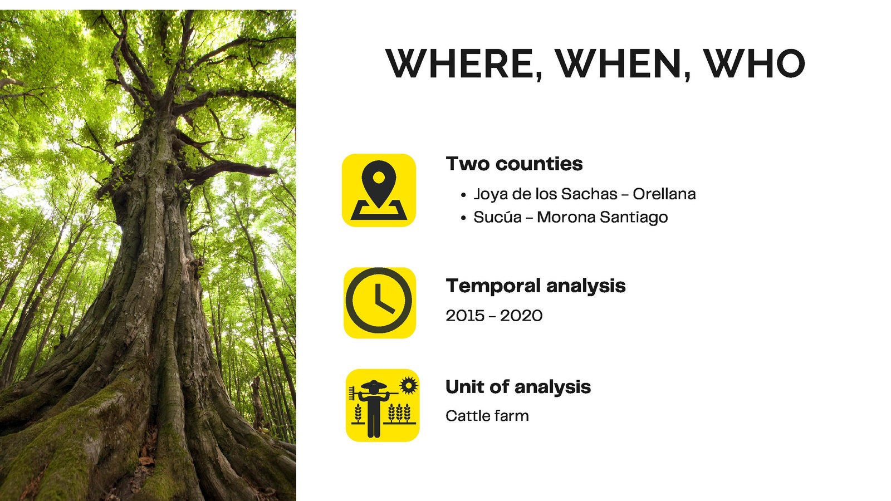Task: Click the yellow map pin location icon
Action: coord(379,190)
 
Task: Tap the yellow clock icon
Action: coord(379,303)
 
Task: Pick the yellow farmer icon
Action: coord(382,405)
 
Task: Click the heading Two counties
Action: coord(515,164)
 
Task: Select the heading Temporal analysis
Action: coord(535,286)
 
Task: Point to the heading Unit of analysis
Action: coord(518,387)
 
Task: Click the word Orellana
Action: coord(664,194)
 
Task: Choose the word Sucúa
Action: coord(497,217)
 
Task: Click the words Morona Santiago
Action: coord(602,218)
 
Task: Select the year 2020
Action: coord(521,316)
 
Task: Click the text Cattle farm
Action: coord(487,416)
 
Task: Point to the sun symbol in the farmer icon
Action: coord(409,385)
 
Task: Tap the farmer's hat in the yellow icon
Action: coord(373,385)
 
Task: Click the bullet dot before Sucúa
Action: coord(463,218)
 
